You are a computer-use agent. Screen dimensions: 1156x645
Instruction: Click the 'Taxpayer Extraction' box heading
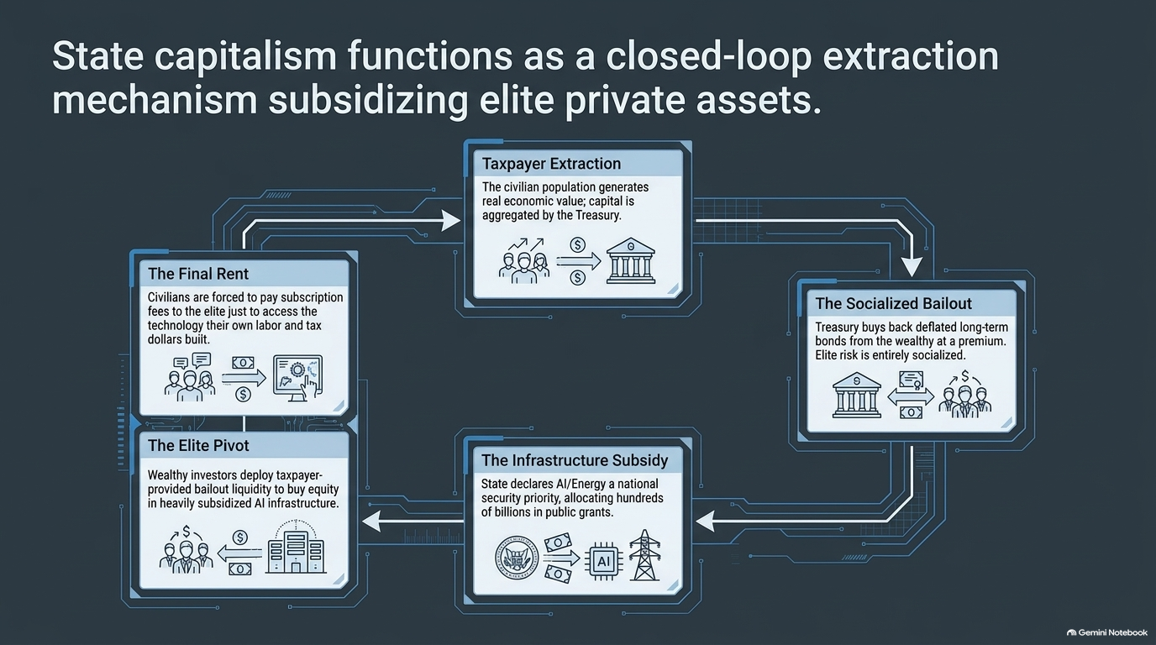(551, 164)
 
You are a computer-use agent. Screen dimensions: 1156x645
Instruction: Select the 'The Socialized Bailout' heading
(893, 303)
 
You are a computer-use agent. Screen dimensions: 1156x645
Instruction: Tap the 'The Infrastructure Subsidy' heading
(575, 460)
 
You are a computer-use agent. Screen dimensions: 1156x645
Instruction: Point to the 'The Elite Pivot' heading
(198, 445)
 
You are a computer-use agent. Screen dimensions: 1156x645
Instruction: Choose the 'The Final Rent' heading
(198, 274)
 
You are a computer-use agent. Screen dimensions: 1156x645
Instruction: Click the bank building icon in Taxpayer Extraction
(631, 260)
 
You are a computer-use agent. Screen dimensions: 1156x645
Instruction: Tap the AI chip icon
(603, 561)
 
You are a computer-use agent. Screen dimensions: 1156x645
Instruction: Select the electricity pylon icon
(644, 555)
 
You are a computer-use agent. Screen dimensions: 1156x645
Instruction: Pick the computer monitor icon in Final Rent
(297, 378)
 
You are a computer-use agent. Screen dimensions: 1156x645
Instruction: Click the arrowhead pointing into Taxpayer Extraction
(451, 221)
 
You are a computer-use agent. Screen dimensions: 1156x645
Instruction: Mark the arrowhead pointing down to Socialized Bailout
(912, 267)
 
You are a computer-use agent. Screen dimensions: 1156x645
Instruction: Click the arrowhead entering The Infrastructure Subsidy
(705, 522)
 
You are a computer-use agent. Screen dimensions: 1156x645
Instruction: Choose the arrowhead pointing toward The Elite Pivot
(371, 522)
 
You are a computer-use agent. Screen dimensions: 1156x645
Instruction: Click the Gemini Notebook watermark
(1107, 632)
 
